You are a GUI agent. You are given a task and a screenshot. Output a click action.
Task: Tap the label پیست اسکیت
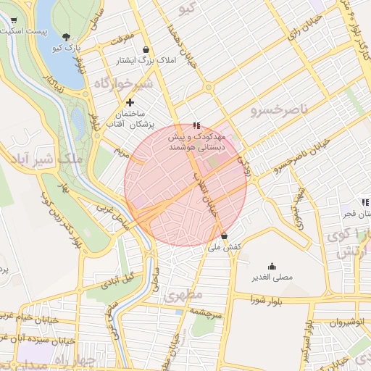point(23,32)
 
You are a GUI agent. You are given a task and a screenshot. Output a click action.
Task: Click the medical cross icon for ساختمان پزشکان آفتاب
point(130,103)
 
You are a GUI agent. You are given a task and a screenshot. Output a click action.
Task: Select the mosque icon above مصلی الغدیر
point(272,266)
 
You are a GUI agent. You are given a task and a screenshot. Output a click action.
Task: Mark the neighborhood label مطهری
point(180,296)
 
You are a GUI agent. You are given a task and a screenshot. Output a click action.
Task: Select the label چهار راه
point(72,359)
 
